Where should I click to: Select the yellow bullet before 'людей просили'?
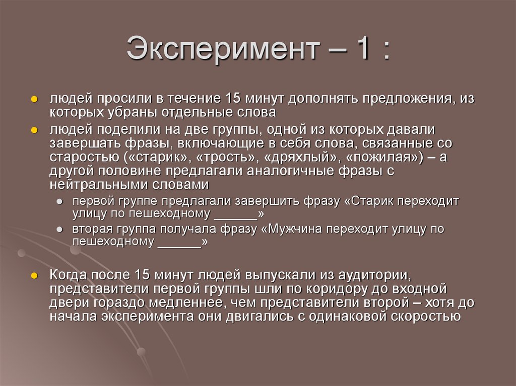[34, 100]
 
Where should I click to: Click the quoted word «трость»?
[229, 157]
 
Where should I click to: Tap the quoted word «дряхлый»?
[302, 157]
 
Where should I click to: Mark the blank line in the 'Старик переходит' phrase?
[235, 214]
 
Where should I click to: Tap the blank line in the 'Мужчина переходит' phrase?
[179, 242]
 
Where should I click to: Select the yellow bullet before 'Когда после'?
[34, 276]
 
